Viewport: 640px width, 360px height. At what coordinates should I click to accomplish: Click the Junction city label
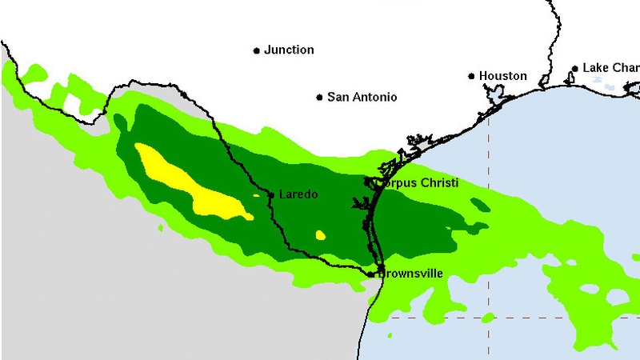(x=289, y=50)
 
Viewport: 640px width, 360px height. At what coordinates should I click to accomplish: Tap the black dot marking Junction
(x=257, y=50)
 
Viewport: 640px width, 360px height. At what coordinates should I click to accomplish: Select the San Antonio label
(x=362, y=97)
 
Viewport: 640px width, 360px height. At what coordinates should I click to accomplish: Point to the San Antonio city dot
(x=320, y=98)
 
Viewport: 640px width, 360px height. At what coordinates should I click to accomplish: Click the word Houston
(x=502, y=76)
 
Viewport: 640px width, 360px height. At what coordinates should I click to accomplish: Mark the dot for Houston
(x=471, y=77)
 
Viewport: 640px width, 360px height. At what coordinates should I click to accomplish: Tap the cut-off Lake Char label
(x=610, y=68)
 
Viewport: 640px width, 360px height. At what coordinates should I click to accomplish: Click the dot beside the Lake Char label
(x=574, y=69)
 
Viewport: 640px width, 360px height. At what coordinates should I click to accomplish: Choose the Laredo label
(x=298, y=194)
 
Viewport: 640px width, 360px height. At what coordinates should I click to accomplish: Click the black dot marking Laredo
(x=271, y=194)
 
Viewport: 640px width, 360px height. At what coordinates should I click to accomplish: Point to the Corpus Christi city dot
(x=369, y=182)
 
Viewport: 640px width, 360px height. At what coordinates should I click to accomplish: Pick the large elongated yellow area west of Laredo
(x=192, y=184)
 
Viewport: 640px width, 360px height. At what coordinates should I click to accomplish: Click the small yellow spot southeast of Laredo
(x=321, y=234)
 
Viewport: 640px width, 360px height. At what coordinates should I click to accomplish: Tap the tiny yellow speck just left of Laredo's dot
(x=256, y=194)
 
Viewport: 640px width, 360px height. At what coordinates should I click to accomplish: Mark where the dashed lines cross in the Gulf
(x=489, y=318)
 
